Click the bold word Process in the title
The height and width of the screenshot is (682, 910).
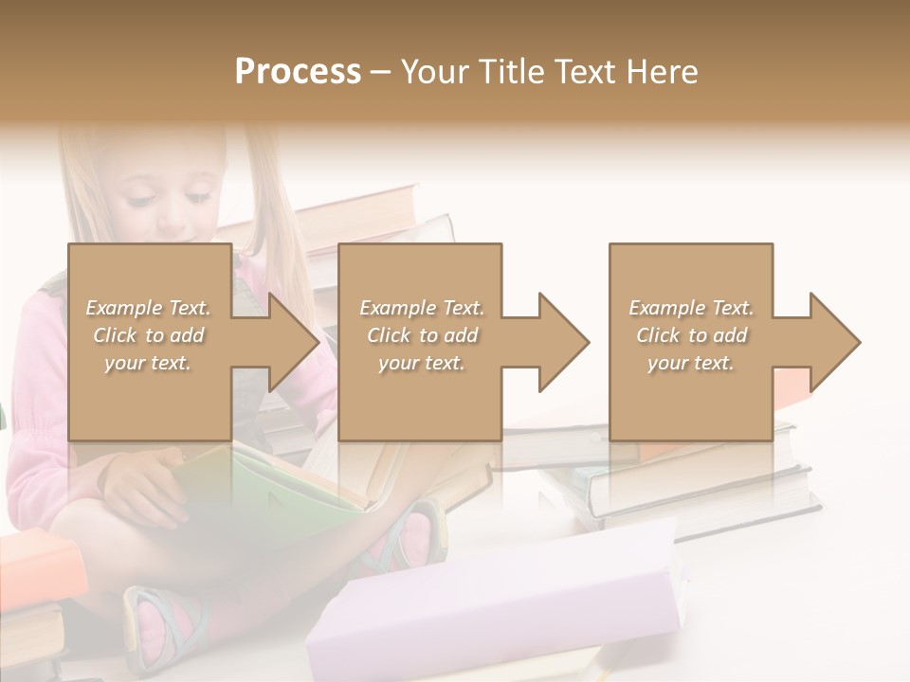click(298, 72)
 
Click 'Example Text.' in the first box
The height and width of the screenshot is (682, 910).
click(149, 308)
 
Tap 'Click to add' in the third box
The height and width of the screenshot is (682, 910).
click(691, 335)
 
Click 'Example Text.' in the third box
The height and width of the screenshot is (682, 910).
click(691, 308)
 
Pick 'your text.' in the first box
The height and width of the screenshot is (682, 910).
click(149, 363)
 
